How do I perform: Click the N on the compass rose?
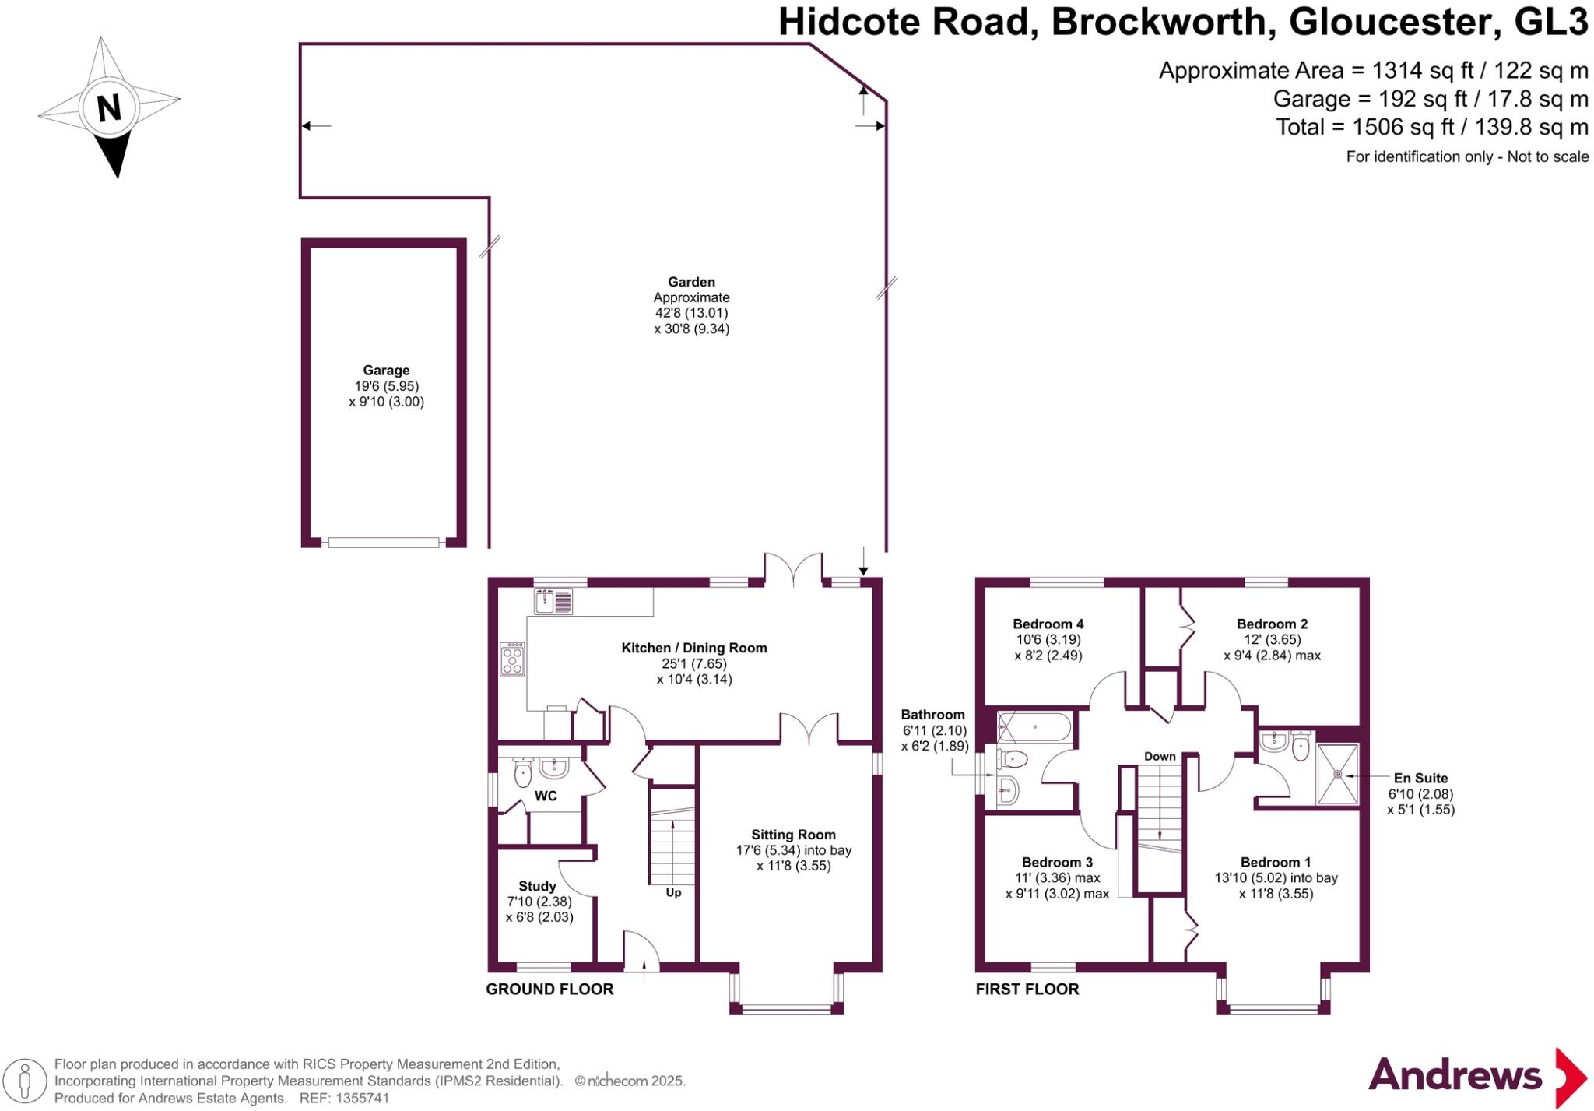tap(109, 107)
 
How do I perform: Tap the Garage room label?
tap(386, 371)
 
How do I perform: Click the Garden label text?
tap(691, 282)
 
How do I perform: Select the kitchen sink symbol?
tap(553, 601)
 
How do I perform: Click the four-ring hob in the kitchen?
tap(512, 659)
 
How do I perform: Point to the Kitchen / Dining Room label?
tap(693, 648)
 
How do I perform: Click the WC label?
tap(546, 796)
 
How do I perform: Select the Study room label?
tap(537, 886)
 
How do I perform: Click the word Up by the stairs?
tap(673, 892)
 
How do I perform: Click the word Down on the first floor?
tap(1160, 756)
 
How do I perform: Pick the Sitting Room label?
tap(793, 835)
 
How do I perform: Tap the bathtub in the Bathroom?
tap(1034, 727)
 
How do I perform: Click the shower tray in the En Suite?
tap(1337, 775)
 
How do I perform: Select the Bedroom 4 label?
tap(1048, 624)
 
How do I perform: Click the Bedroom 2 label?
tap(1272, 624)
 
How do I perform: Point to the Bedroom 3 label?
tap(1057, 862)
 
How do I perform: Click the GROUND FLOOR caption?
tap(549, 989)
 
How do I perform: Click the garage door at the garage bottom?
tap(383, 543)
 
